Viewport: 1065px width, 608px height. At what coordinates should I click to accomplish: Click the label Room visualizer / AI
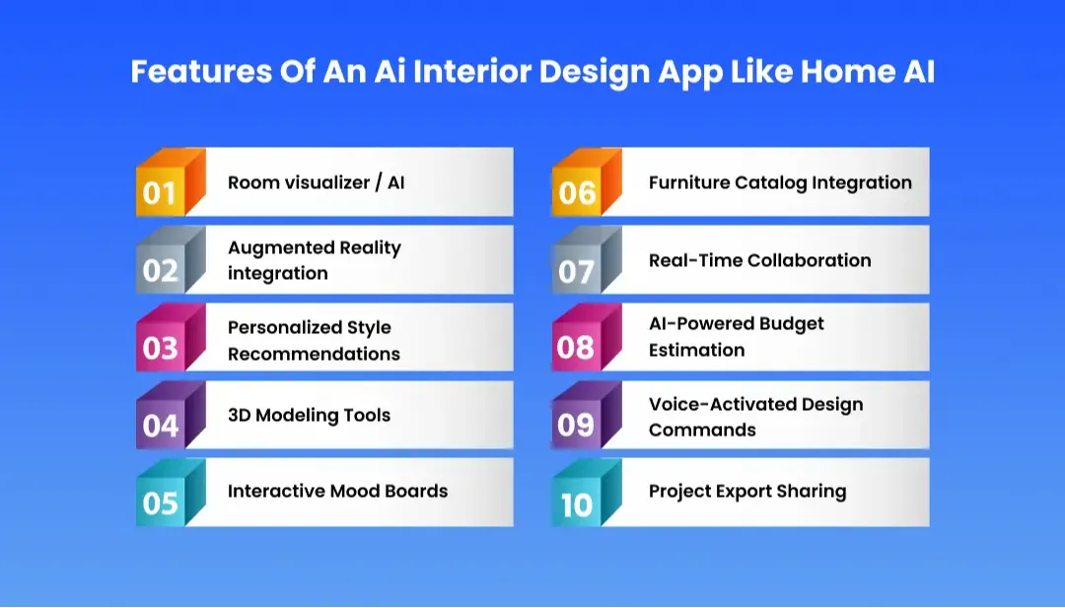(x=316, y=182)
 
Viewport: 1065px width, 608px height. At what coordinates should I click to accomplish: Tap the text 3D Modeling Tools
(x=309, y=415)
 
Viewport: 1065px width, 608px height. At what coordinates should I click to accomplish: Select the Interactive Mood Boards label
(x=337, y=491)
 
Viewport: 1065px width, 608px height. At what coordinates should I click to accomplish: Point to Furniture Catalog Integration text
(x=780, y=182)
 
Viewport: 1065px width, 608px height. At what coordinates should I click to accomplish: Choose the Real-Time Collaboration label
(x=759, y=260)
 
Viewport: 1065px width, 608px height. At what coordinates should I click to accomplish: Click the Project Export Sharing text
(x=746, y=491)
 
